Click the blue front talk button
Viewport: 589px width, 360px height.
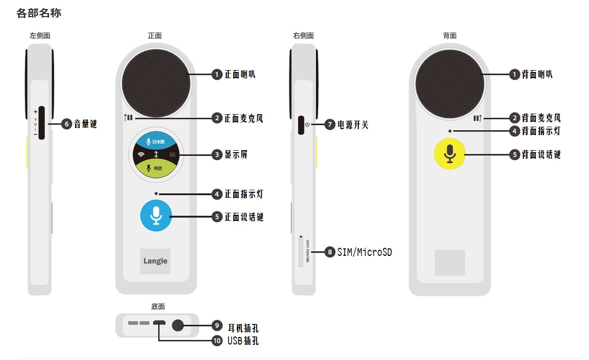156,216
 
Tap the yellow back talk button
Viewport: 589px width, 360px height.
449,154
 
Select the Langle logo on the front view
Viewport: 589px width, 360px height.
155,261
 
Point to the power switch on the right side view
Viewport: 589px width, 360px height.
301,125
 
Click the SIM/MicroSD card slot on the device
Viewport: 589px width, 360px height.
301,250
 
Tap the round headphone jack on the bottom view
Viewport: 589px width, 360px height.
178,325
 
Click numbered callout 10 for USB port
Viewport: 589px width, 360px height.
217,341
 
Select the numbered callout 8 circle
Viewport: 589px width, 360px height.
329,252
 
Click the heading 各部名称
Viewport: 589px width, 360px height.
39,14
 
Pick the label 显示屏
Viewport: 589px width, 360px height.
236,155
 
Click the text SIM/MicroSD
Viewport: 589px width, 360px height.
364,252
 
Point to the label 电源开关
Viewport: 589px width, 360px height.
353,125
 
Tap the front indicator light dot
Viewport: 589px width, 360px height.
157,193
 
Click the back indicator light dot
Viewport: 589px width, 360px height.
450,131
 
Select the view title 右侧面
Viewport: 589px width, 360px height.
303,36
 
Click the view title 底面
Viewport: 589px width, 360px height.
158,306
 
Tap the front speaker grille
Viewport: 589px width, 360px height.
156,83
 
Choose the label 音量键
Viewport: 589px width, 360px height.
85,124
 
